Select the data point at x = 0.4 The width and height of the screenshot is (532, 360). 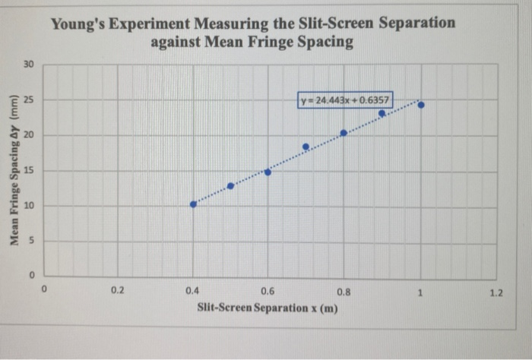[193, 204]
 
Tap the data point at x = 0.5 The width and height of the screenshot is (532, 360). [230, 185]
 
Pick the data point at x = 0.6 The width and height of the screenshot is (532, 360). [268, 172]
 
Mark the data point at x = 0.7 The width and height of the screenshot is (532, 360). [306, 147]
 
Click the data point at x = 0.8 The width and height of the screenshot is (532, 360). [344, 133]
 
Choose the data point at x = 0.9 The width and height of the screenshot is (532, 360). [382, 113]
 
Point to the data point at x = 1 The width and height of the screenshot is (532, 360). [421, 105]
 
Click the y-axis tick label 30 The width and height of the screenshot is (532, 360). [28, 65]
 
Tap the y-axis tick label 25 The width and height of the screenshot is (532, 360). [28, 100]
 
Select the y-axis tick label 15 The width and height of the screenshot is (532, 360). [28, 171]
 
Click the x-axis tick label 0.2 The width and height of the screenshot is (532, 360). [116, 290]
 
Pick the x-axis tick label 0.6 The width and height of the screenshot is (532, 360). [268, 290]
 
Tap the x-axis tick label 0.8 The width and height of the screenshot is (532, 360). [344, 290]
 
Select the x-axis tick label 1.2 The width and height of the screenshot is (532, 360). [496, 290]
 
